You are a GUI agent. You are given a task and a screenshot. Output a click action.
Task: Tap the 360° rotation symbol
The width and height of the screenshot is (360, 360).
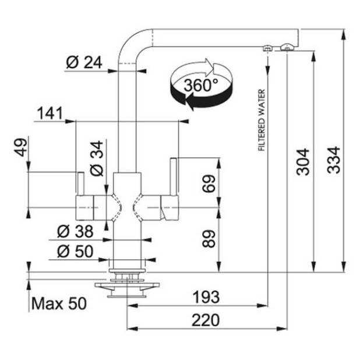(200, 86)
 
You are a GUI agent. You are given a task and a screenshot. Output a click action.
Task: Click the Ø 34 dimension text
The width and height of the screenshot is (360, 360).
(97, 158)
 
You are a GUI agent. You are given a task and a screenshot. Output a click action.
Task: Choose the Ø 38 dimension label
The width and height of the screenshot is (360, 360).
(75, 231)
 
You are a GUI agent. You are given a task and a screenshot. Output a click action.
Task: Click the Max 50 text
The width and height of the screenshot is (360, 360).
(58, 303)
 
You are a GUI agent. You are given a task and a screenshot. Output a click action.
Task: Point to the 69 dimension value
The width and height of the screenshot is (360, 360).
(209, 184)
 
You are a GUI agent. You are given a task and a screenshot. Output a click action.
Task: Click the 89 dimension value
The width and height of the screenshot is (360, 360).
(209, 238)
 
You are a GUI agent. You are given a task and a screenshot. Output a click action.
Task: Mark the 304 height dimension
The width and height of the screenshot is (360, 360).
(303, 162)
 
